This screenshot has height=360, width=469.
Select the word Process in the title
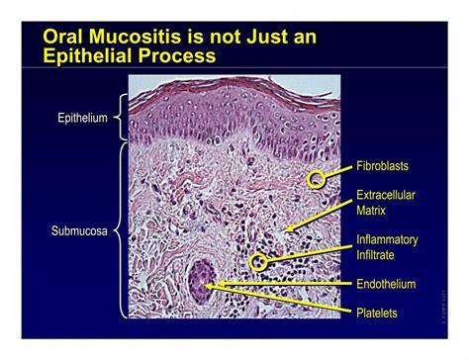[179, 56]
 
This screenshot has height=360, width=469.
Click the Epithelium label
[82, 119]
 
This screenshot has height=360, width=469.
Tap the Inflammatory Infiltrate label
[387, 246]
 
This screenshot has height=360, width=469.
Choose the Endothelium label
[387, 284]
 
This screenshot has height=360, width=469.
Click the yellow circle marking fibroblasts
[316, 179]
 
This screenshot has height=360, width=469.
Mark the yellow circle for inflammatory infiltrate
[259, 261]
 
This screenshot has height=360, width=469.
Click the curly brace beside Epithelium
[119, 119]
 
